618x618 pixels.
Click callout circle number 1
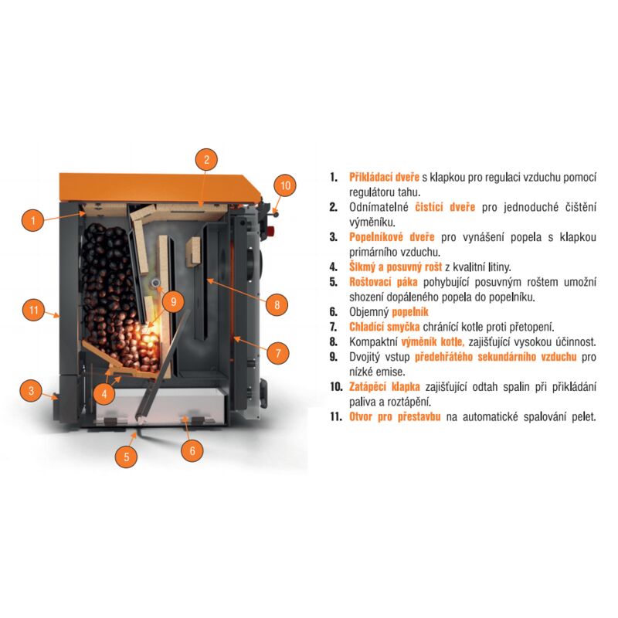[x=32, y=220]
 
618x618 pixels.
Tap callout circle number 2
[x=205, y=161]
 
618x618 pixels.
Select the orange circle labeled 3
[x=31, y=391]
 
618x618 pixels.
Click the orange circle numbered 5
[x=127, y=457]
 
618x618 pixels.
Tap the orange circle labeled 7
[x=278, y=355]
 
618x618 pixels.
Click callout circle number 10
[x=285, y=185]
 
